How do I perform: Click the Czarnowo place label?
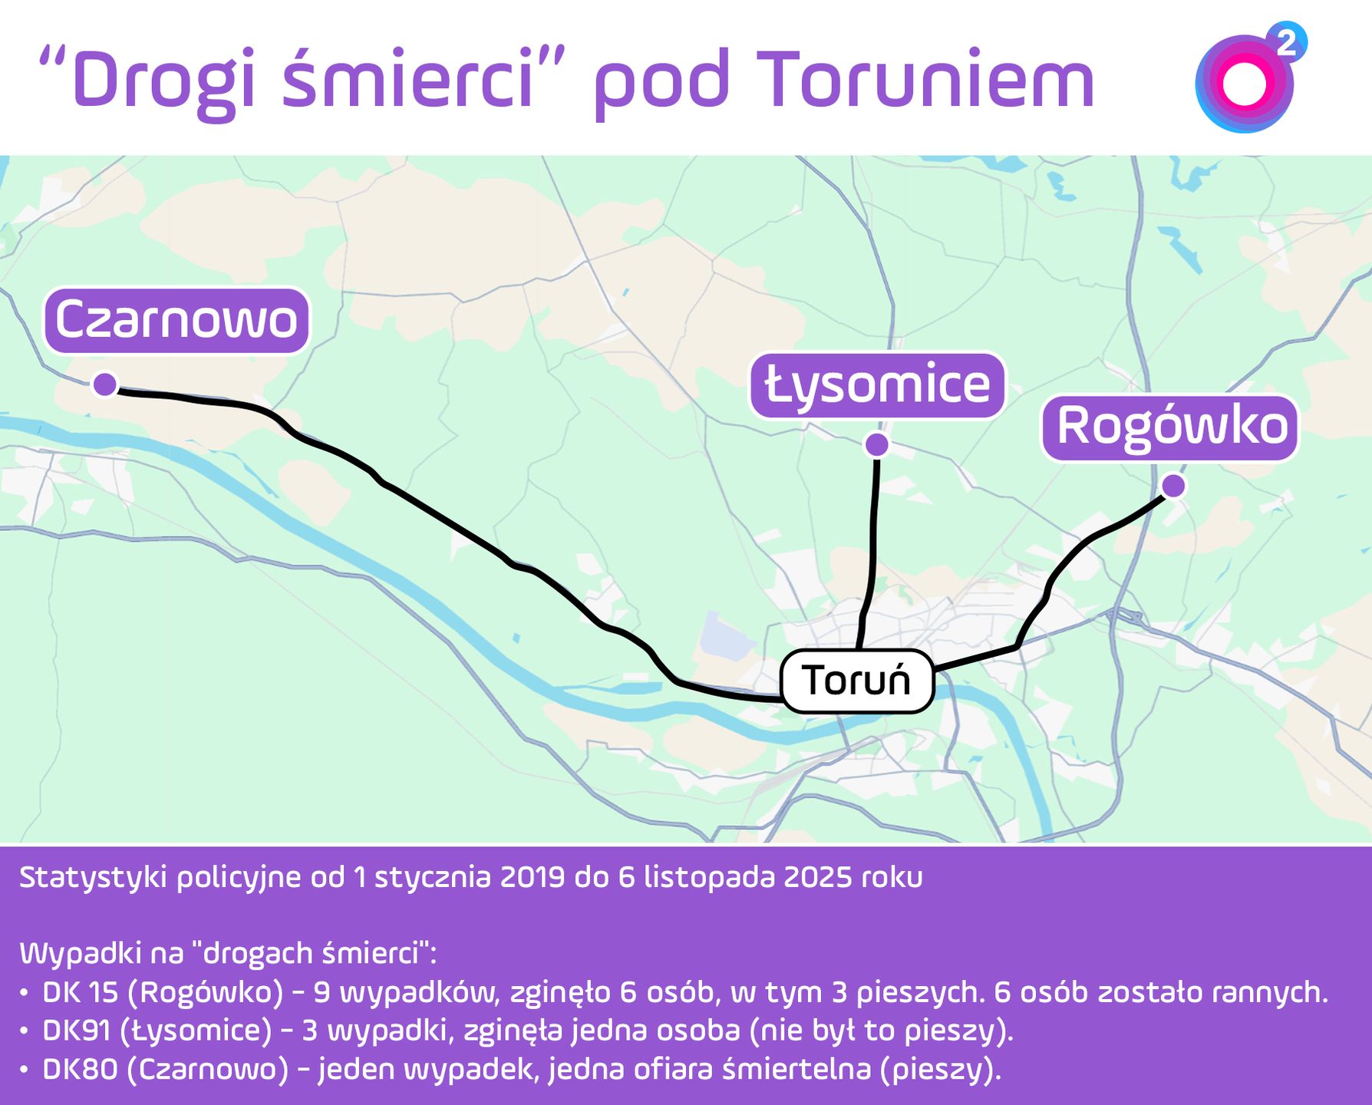[x=176, y=320]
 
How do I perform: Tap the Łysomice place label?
[x=877, y=385]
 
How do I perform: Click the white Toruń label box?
[x=856, y=681]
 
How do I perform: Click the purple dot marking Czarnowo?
[x=105, y=384]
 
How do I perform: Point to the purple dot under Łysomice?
[x=876, y=444]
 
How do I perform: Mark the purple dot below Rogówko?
[x=1173, y=486]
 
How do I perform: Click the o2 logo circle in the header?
[x=1243, y=84]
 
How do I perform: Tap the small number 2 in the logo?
[x=1287, y=41]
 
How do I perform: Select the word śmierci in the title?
[x=408, y=80]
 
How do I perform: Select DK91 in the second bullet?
[x=77, y=1031]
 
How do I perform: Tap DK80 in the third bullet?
[x=80, y=1069]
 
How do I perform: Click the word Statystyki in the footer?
[x=93, y=878]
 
